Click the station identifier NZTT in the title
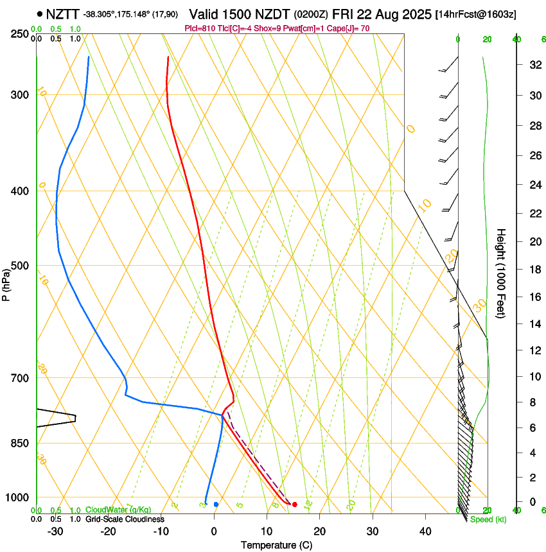click(x=63, y=13)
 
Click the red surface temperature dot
click(x=294, y=505)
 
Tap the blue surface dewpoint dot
click(x=216, y=505)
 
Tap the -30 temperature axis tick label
click(x=55, y=531)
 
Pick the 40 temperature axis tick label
click(x=425, y=531)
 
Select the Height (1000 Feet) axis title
click(x=502, y=273)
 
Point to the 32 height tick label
click(x=533, y=65)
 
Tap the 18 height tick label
click(x=533, y=270)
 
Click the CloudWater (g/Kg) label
click(x=119, y=510)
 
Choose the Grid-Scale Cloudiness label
click(x=125, y=519)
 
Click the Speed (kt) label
click(x=488, y=519)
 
